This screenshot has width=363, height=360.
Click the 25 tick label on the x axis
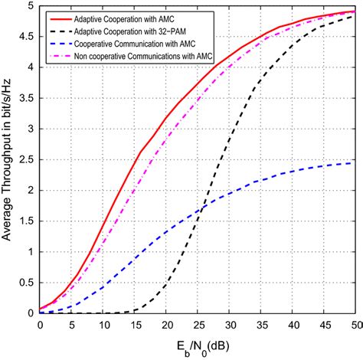coord(197,325)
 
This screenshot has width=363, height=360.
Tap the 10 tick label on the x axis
coord(103,325)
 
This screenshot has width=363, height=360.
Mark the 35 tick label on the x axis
coord(260,325)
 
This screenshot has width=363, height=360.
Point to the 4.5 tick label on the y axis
coord(28,36)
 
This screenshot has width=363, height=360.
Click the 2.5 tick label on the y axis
coord(28,159)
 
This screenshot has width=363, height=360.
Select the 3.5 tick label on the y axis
coord(28,97)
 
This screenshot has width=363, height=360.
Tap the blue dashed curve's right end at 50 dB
coord(353,162)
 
